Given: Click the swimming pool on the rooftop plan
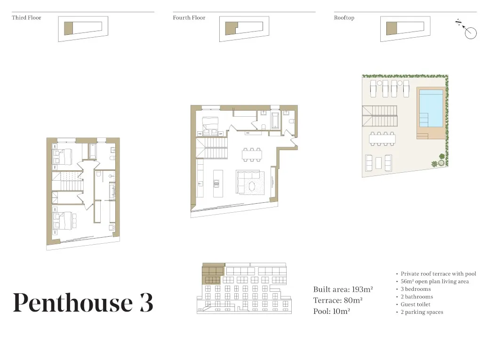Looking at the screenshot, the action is coord(431,108).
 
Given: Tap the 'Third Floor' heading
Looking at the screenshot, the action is coord(26,18).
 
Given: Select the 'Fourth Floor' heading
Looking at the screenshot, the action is coord(189,18).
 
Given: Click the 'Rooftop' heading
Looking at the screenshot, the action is coord(344,18).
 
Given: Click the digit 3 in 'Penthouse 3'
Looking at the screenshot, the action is coord(146,303).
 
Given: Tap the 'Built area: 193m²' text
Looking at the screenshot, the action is coord(343,289).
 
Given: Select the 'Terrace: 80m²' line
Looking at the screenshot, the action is coord(338,300).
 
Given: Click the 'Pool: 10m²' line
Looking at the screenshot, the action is coord(332,312).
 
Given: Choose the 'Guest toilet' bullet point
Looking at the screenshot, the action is coord(416,304).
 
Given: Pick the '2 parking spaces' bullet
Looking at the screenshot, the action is coord(422,312).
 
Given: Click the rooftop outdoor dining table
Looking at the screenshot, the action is coord(382,139).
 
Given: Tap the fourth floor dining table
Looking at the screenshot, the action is coord(252,155).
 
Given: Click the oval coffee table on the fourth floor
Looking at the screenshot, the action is coord(252,186).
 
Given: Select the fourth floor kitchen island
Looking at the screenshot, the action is coord(218,184).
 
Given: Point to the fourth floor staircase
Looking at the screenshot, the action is coord(212,148).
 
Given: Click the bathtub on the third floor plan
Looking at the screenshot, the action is coord(92,151).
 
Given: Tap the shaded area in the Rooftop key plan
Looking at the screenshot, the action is coord(392,28).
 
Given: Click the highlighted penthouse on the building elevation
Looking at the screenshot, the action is coord(213,274).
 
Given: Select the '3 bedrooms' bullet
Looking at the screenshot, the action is coord(416,289).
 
